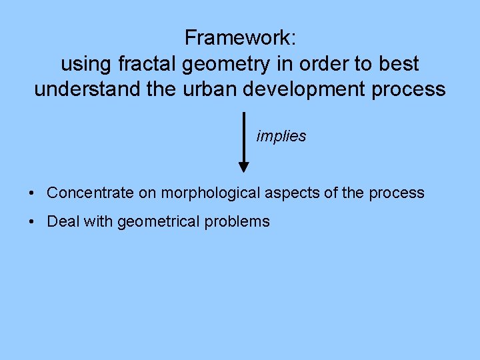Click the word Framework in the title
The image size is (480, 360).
click(237, 38)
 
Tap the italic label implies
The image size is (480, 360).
click(281, 137)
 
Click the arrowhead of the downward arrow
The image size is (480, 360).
click(244, 166)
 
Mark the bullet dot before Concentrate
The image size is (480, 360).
click(32, 193)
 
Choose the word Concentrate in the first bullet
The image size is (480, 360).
click(91, 193)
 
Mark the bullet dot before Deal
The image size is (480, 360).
click(32, 222)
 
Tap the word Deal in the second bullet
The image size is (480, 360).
click(62, 222)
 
